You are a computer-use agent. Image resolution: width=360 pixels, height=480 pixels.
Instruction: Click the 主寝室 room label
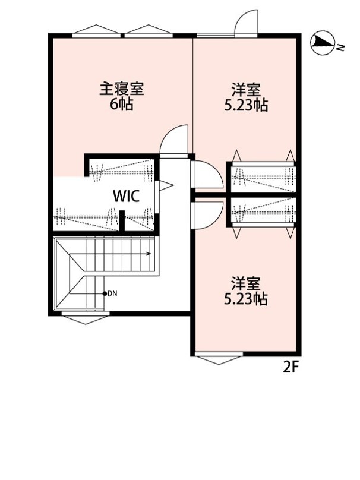121,90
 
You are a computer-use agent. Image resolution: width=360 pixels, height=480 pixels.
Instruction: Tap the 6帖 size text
121,105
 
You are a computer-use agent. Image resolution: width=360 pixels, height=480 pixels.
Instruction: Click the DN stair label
112,293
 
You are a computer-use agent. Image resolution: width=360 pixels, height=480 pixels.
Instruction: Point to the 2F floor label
290,367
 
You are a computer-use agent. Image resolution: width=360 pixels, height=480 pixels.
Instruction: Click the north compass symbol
321,42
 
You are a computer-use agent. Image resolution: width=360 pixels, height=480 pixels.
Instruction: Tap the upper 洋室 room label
245,91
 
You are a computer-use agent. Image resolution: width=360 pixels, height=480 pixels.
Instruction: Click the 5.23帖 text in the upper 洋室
245,106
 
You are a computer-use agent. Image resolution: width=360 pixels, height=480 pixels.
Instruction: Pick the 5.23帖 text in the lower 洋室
245,298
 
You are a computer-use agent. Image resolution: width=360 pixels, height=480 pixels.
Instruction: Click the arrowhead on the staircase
149,254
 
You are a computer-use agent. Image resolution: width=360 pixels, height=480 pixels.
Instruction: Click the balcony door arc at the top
247,23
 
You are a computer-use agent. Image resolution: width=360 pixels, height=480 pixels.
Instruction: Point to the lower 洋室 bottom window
219,359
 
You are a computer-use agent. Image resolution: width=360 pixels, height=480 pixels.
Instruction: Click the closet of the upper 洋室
262,175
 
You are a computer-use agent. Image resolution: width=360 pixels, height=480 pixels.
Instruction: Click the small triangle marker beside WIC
166,186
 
